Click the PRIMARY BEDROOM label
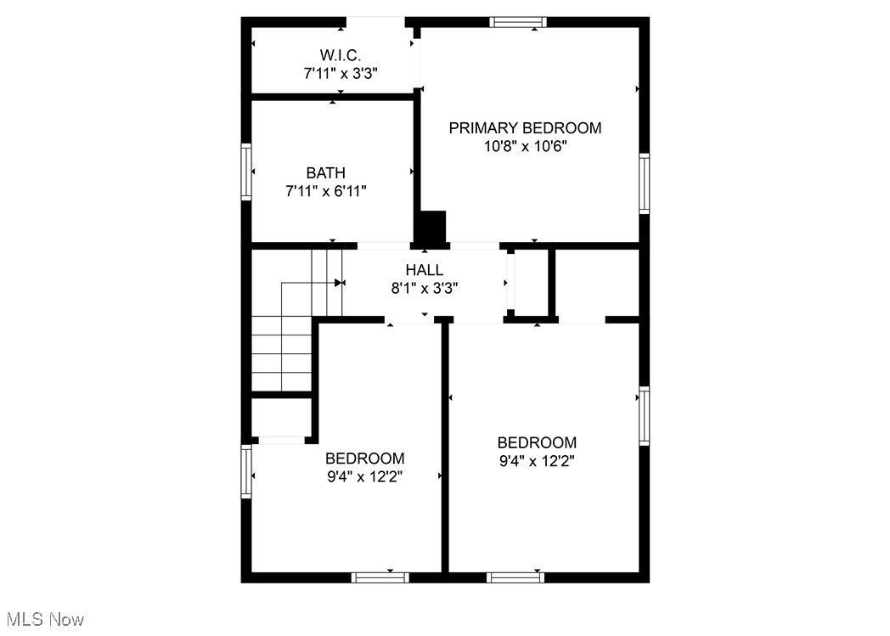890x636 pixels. click(x=525, y=128)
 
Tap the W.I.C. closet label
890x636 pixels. click(x=341, y=55)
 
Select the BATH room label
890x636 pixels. click(x=326, y=173)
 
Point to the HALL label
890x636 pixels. click(x=424, y=270)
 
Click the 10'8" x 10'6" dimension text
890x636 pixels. click(x=525, y=146)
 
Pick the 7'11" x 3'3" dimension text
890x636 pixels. click(x=341, y=74)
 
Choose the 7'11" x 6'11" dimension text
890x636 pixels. click(x=326, y=191)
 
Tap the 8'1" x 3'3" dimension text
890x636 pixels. click(x=424, y=288)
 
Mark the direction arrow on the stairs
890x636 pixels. click(x=339, y=283)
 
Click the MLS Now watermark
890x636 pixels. click(x=42, y=619)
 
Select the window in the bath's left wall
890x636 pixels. click(x=246, y=171)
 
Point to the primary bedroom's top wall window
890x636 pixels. click(x=519, y=22)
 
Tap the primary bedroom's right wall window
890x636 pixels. click(x=644, y=183)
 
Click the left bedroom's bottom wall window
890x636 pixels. click(x=380, y=577)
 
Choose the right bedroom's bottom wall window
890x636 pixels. click(x=515, y=577)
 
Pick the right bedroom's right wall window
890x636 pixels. click(x=644, y=416)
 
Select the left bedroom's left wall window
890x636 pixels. click(x=246, y=471)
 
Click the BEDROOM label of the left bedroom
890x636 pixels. click(x=364, y=459)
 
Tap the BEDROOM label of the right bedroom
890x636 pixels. click(x=537, y=442)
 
